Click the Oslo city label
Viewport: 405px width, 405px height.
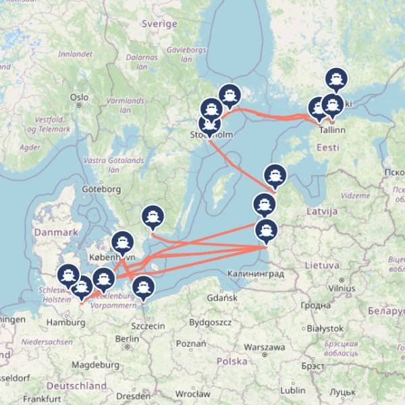click(79, 97)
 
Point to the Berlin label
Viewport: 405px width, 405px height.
click(127, 339)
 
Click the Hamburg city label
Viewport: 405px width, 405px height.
click(65, 322)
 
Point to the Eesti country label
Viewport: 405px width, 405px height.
click(328, 146)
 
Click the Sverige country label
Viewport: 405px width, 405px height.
click(159, 24)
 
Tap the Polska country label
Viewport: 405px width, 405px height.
click(232, 361)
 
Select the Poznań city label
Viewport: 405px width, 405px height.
click(190, 343)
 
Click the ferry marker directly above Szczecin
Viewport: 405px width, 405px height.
click(142, 287)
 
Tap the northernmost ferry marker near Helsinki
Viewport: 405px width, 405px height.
click(337, 79)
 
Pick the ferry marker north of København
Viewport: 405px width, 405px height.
click(122, 241)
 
